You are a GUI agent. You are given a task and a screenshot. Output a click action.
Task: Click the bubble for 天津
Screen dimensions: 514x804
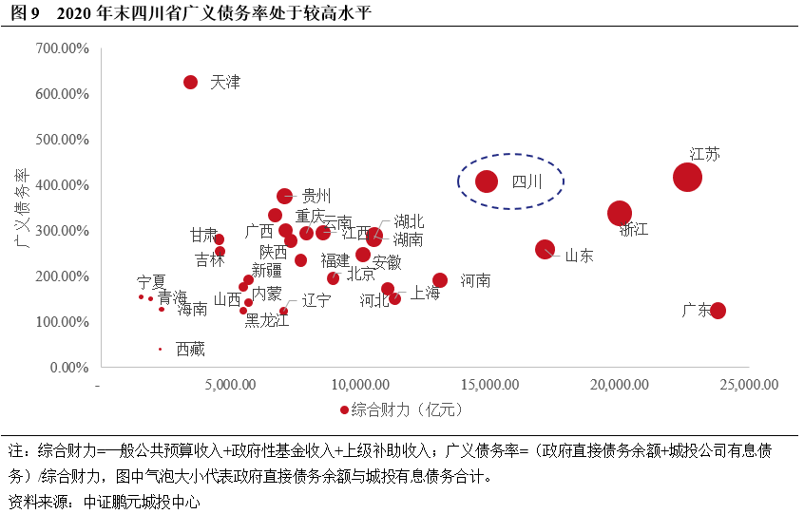(190, 83)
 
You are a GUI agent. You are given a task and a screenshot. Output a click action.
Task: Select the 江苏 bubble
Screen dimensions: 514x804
(687, 177)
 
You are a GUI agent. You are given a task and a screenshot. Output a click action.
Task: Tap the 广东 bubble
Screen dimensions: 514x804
(718, 311)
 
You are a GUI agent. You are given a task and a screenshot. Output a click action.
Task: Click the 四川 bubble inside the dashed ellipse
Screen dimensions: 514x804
(487, 181)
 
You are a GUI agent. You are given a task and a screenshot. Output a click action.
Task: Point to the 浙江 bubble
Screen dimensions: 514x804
(620, 214)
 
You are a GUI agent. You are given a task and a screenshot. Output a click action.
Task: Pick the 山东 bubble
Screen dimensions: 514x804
(545, 249)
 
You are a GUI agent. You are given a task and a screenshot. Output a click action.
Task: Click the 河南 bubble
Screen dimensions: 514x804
(440, 280)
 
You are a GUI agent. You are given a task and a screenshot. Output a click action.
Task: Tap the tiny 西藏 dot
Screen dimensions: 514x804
(160, 349)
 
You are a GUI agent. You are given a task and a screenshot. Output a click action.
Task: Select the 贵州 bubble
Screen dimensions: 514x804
(284, 196)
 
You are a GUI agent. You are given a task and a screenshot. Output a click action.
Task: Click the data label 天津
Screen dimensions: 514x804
(225, 83)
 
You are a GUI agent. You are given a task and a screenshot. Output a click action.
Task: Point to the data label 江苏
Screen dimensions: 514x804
(704, 153)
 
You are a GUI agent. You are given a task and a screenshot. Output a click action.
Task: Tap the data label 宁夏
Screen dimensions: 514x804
(151, 282)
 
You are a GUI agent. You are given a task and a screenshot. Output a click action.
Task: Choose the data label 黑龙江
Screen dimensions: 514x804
(267, 320)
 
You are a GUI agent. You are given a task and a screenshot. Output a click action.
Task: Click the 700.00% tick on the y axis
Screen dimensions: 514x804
(62, 48)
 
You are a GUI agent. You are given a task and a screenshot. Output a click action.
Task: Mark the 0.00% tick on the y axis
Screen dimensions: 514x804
(68, 368)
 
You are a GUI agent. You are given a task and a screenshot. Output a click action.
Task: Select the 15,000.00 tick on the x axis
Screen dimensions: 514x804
(490, 386)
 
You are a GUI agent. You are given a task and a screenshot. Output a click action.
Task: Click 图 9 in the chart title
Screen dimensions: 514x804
(26, 12)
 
